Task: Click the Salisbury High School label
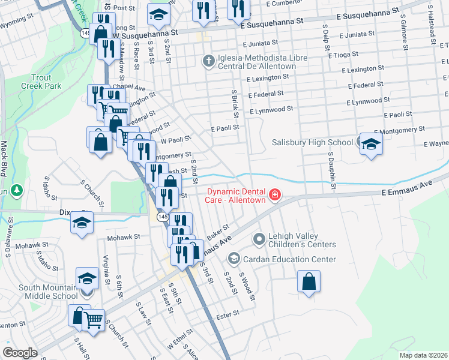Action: tap(312, 142)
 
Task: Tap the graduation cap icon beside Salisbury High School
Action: tap(371, 144)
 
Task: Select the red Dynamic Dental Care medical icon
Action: tap(274, 194)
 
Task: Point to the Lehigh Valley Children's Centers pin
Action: tap(259, 240)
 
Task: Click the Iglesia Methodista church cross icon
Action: tap(208, 61)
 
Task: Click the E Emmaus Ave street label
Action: tap(408, 191)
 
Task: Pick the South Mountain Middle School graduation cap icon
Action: tap(87, 278)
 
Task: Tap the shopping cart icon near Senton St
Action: tap(93, 320)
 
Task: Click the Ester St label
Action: tap(228, 313)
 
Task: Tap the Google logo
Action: tap(20, 352)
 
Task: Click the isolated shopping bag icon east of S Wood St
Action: tap(308, 281)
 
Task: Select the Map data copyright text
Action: tap(423, 355)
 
